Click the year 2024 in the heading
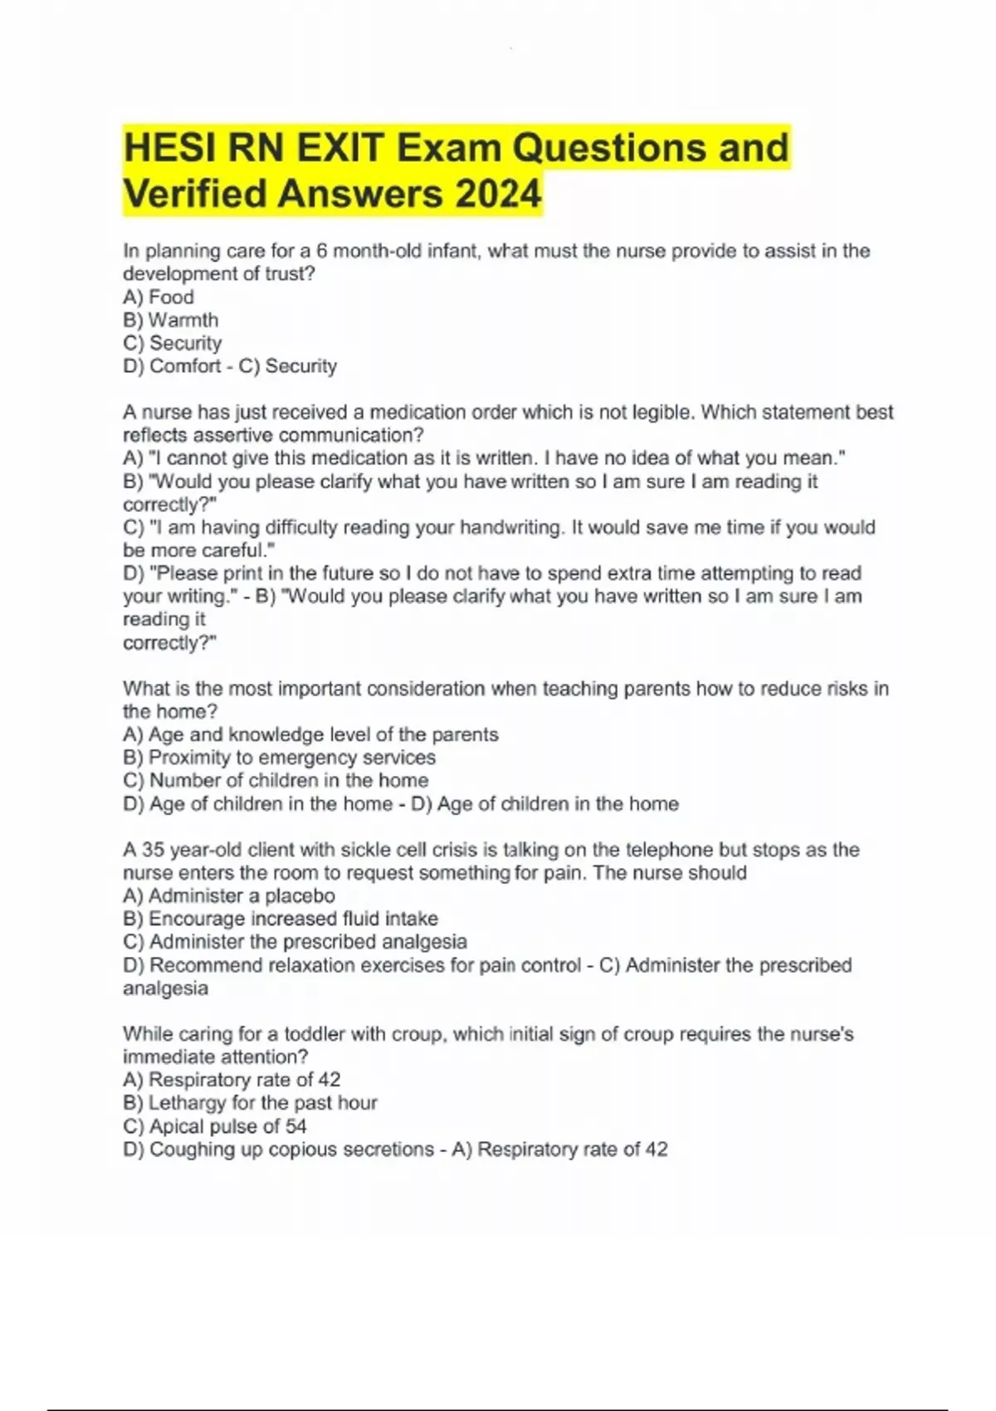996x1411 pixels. [497, 194]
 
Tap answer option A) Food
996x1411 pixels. [158, 297]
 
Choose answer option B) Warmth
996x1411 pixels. [170, 320]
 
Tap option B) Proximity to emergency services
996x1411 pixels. [279, 757]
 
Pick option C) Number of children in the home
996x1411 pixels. [276, 780]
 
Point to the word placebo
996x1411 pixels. [303, 896]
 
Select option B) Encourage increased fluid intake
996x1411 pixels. [280, 919]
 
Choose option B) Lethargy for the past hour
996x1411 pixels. [250, 1102]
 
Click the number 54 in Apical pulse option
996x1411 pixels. [295, 1126]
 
